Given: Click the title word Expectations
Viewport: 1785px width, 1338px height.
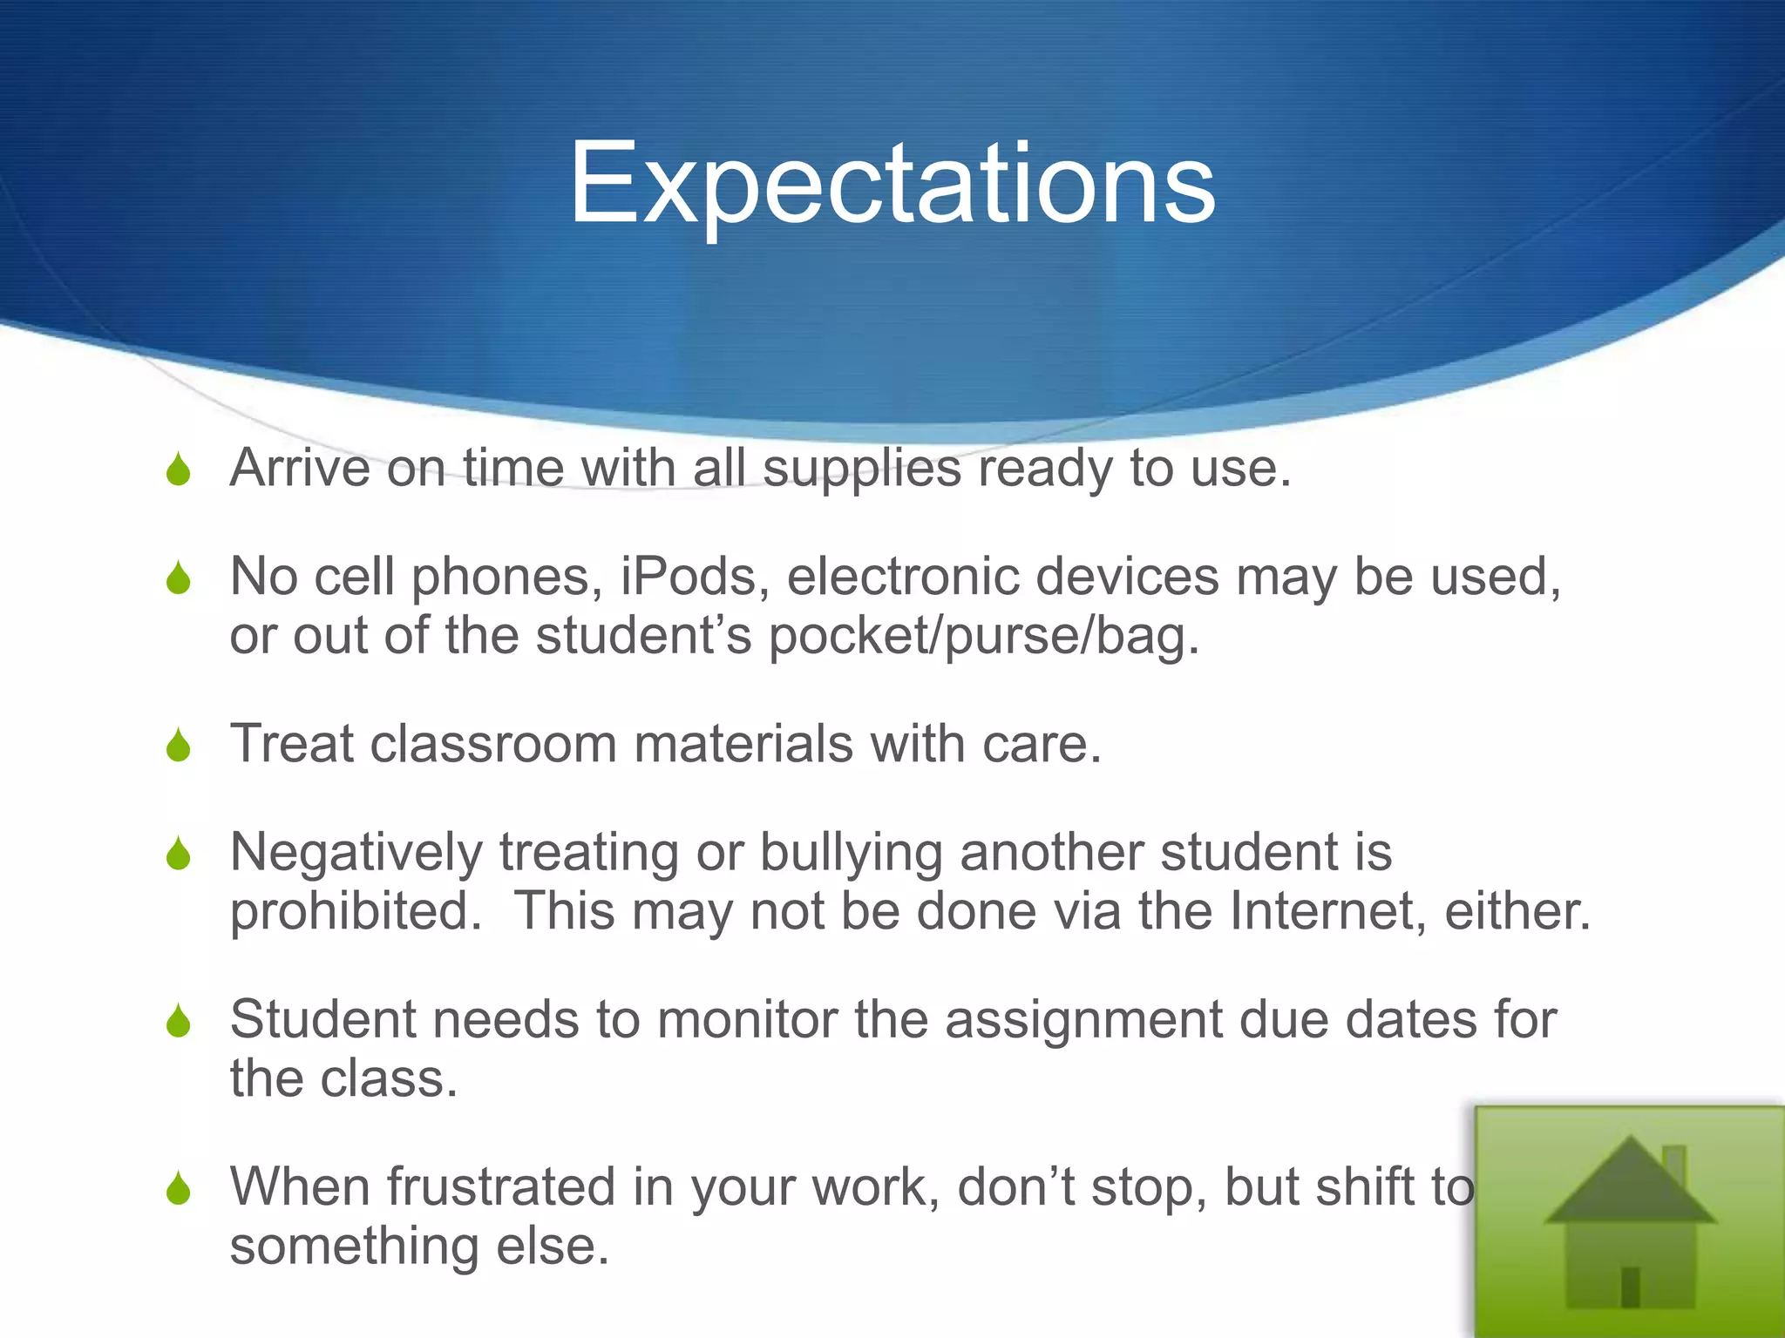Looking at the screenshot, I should click(x=892, y=185).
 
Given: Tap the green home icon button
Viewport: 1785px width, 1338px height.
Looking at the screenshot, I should click(x=1628, y=1221).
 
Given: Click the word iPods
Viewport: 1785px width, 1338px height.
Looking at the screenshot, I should click(x=695, y=578).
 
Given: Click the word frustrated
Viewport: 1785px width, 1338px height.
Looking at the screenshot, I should click(x=501, y=1187).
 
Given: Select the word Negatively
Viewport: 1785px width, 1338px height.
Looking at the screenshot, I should click(x=356, y=853).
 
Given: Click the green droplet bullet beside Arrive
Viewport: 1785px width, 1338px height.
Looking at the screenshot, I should click(x=179, y=470).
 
